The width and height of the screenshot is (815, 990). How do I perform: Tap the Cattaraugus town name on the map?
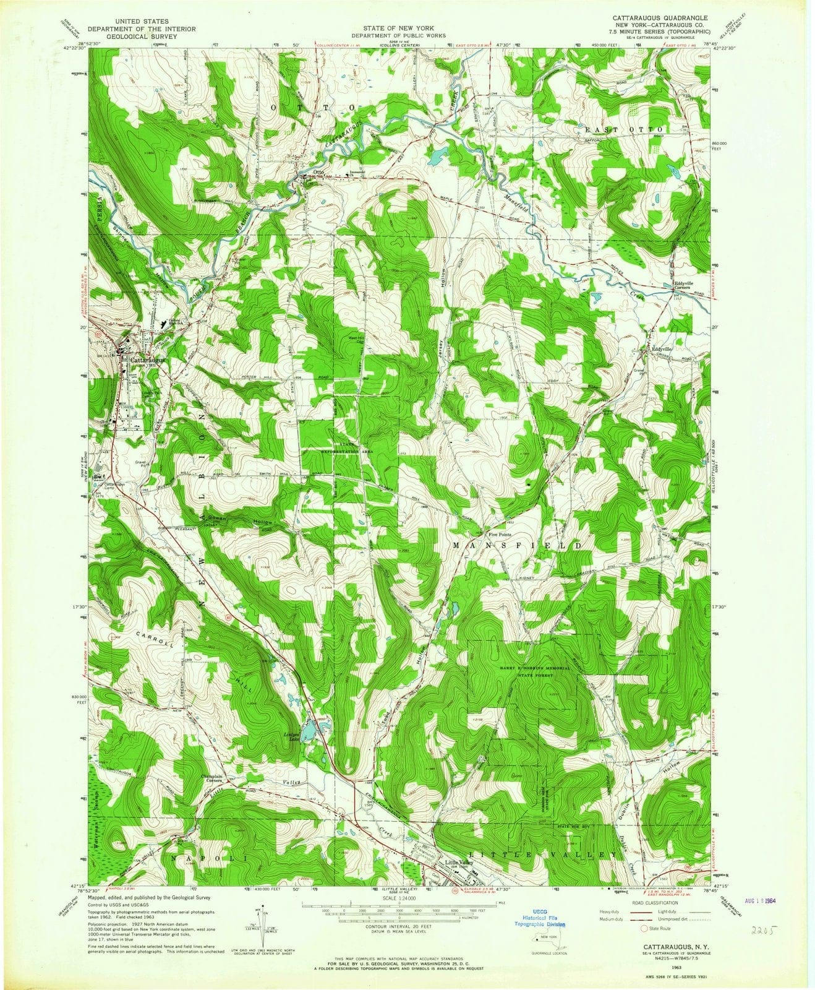click(148, 358)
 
